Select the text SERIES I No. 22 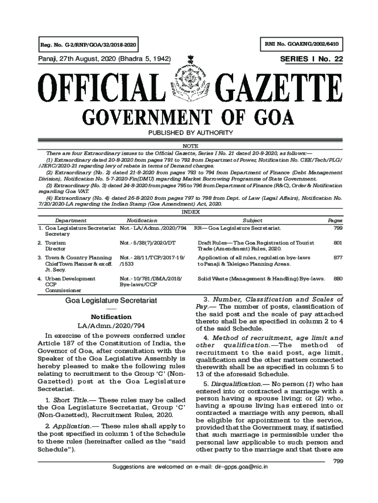coord(311,59)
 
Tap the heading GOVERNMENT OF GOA coord(189,118)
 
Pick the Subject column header coord(252,221)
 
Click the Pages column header coord(335,221)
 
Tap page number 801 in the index coord(338,243)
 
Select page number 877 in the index coord(338,257)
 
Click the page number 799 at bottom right coord(337,460)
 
